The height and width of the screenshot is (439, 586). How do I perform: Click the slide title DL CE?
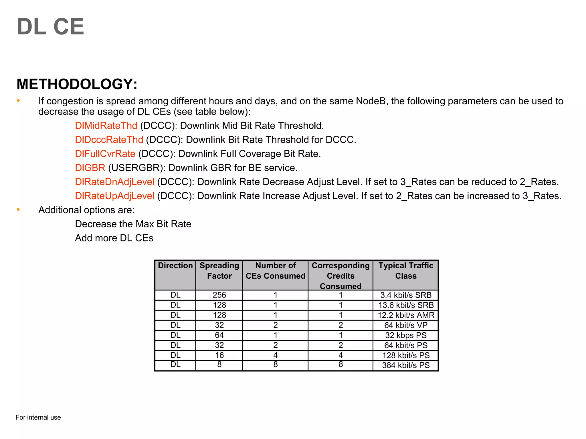pyautogui.click(x=50, y=27)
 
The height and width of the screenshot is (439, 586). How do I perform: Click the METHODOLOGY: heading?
pyautogui.click(x=77, y=84)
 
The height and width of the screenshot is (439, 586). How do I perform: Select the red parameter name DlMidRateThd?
pyautogui.click(x=106, y=125)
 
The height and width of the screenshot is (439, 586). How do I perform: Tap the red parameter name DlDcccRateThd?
pyautogui.click(x=109, y=139)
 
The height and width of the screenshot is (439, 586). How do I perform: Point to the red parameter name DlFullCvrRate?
pyautogui.click(x=105, y=154)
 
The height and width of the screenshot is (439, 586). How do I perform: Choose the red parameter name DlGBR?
pyautogui.click(x=90, y=168)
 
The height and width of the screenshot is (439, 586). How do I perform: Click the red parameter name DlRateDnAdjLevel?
pyautogui.click(x=114, y=182)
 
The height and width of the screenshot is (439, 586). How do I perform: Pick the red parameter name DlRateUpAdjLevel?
pyautogui.click(x=114, y=196)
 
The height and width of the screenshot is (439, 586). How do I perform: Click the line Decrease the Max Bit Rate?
pyautogui.click(x=133, y=224)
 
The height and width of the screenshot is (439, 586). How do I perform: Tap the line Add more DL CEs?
pyautogui.click(x=114, y=238)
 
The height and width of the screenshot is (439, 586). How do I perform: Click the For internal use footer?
pyautogui.click(x=38, y=417)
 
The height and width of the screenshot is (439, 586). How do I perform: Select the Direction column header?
pyautogui.click(x=175, y=266)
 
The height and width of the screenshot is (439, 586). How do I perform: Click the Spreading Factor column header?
pyautogui.click(x=219, y=271)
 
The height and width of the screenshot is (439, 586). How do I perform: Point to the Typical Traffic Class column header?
pyautogui.click(x=406, y=271)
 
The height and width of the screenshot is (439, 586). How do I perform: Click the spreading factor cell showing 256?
pyautogui.click(x=219, y=295)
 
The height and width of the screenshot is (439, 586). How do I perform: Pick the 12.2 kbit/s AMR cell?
pyautogui.click(x=406, y=315)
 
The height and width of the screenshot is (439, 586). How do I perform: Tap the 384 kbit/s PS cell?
pyautogui.click(x=406, y=365)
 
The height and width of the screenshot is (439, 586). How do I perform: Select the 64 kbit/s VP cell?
pyautogui.click(x=406, y=325)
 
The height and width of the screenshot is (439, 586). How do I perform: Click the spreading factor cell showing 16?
pyautogui.click(x=219, y=355)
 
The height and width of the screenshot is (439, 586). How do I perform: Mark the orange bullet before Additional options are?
pyautogui.click(x=18, y=209)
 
